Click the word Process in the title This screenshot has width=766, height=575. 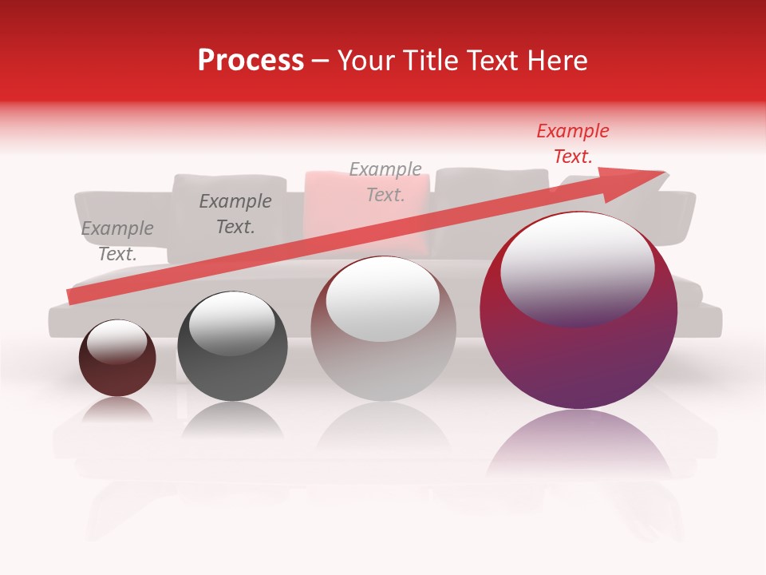click(251, 61)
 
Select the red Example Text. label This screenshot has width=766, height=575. click(572, 144)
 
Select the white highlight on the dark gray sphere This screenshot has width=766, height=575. click(231, 323)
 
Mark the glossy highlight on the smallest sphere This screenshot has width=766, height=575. click(116, 341)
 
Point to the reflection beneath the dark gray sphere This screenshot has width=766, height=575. click(232, 419)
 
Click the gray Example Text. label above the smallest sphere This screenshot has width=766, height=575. click(117, 241)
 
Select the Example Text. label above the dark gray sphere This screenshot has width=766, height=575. click(235, 214)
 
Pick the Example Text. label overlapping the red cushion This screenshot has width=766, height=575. click(385, 181)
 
